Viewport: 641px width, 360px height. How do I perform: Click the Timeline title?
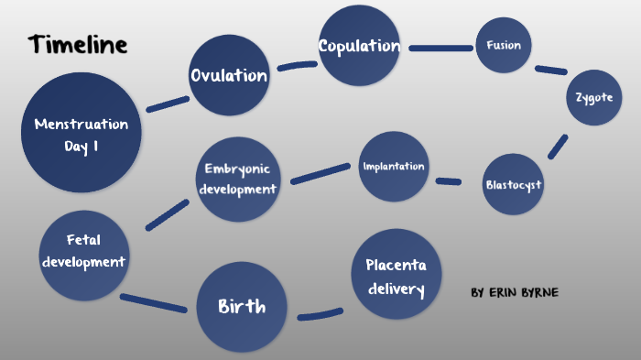tap(78, 44)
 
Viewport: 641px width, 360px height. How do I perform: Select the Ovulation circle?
tap(229, 75)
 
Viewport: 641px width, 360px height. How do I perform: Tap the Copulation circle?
tap(359, 46)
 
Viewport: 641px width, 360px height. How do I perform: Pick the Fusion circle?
tap(504, 45)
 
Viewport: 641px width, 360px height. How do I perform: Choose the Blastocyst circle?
tap(513, 184)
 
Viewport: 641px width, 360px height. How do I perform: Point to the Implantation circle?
tap(394, 167)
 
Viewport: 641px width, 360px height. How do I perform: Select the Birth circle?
tap(242, 307)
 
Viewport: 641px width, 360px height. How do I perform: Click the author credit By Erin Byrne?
tap(514, 292)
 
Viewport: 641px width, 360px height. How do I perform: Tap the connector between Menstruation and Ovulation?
tap(168, 104)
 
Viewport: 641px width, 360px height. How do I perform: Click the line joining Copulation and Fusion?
tap(441, 47)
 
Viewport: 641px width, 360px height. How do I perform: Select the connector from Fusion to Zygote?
tap(551, 70)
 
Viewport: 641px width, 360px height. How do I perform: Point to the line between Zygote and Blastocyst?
tap(558, 147)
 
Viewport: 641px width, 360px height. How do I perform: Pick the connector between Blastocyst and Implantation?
tap(448, 181)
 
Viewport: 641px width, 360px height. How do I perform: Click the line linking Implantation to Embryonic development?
tap(320, 174)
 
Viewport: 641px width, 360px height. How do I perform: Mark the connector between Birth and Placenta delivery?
tap(320, 315)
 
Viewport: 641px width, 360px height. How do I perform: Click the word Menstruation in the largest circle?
tap(81, 124)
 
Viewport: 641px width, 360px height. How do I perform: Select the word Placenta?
tap(397, 266)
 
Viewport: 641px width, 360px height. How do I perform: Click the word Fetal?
tap(83, 239)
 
